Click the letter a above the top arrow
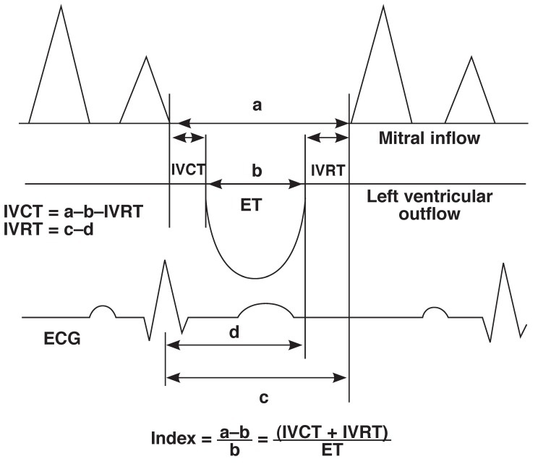pyautogui.click(x=256, y=106)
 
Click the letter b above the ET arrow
pyautogui.click(x=256, y=171)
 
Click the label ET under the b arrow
pyautogui.click(x=250, y=206)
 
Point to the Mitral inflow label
pyautogui.click(x=429, y=138)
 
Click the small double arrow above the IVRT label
pyautogui.click(x=328, y=138)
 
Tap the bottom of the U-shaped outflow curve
pyautogui.click(x=255, y=278)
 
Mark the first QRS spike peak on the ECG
pyautogui.click(x=165, y=260)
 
